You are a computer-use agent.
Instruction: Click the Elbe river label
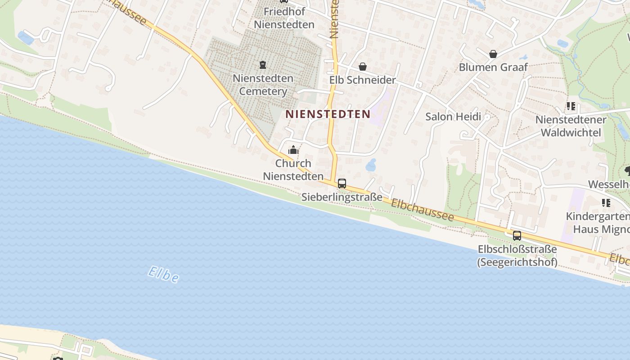(163, 274)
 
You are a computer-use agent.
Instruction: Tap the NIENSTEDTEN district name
(328, 114)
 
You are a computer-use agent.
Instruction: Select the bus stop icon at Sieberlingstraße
(342, 184)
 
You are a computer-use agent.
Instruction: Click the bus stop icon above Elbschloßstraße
(517, 235)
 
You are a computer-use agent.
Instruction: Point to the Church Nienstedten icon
(293, 150)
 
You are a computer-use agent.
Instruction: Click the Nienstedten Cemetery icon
(263, 65)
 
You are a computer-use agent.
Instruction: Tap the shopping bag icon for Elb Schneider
(363, 67)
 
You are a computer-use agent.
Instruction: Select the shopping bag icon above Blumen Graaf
(493, 54)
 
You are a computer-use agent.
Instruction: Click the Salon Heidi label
(453, 117)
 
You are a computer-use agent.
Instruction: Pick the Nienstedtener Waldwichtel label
(571, 126)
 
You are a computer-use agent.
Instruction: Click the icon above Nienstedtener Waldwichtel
(571, 107)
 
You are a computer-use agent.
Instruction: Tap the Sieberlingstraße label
(342, 197)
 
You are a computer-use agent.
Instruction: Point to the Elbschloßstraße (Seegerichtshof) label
(517, 256)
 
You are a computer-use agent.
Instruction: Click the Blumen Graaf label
(493, 67)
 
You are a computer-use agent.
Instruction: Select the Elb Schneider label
(363, 80)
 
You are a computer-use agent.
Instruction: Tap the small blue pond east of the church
(371, 165)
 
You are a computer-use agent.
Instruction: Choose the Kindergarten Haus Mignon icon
(606, 203)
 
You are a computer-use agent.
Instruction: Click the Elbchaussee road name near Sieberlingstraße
(422, 210)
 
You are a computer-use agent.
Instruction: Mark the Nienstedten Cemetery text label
(263, 85)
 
